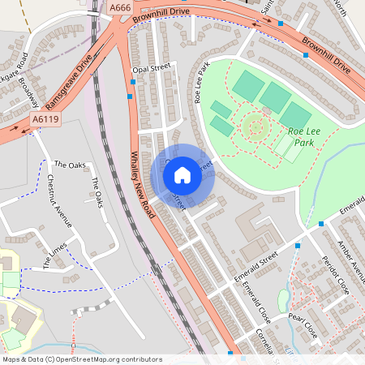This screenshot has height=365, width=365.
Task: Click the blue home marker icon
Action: coord(182,174)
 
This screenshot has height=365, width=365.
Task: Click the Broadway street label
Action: coord(29,94)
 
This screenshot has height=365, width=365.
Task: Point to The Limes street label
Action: coord(54,256)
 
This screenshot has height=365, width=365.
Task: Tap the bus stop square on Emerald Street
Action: coord(298,244)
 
